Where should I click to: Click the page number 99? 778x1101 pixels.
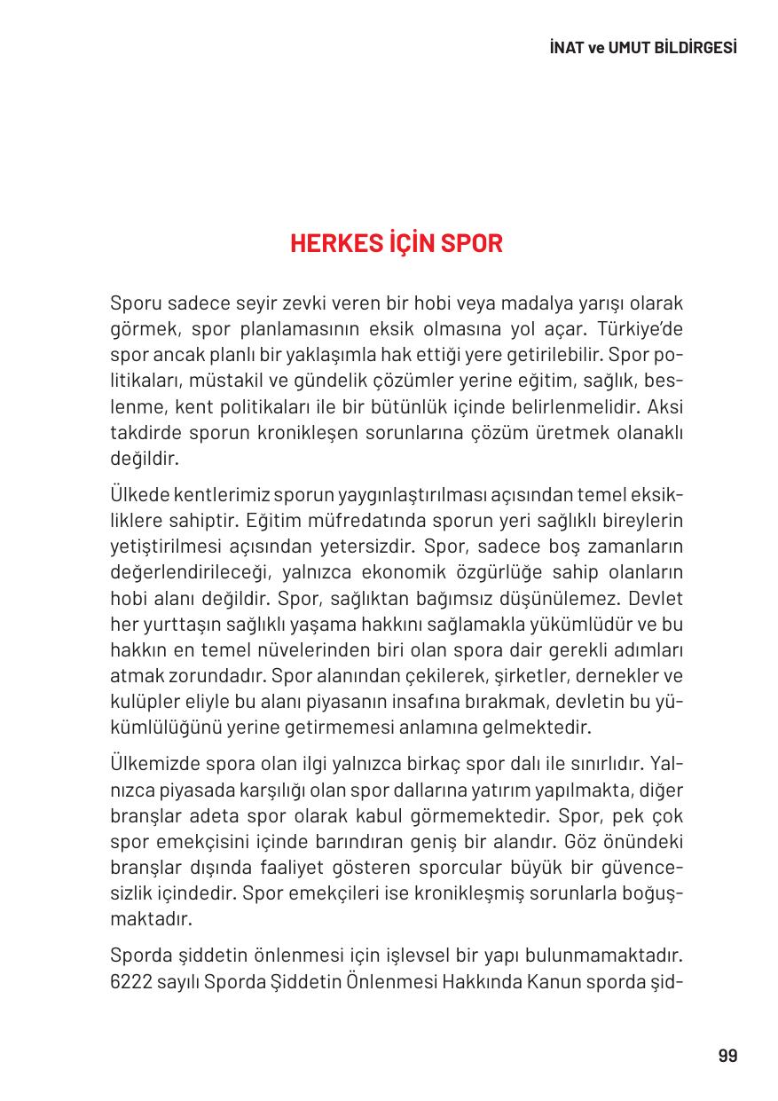coord(727,1056)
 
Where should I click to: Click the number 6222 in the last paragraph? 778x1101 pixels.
coord(131,980)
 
